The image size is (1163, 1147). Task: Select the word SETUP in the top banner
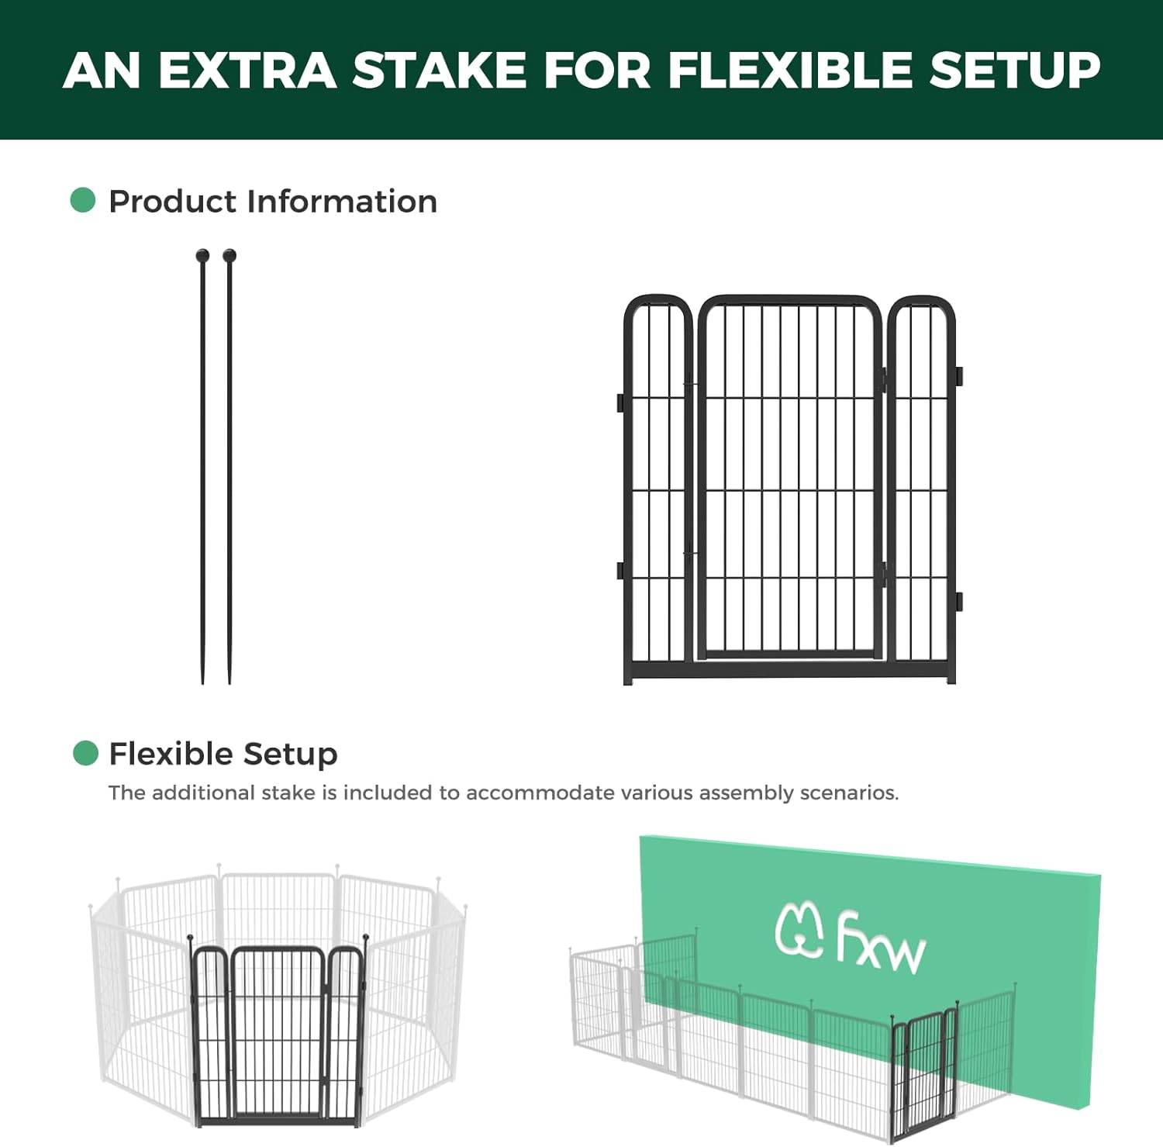1015,71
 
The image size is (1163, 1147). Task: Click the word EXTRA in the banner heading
247,71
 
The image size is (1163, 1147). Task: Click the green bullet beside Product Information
83,200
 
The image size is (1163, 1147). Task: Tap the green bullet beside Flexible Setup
85,753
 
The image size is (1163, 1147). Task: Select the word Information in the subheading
342,202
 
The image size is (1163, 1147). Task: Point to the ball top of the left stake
202,255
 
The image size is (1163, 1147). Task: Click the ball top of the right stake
229,255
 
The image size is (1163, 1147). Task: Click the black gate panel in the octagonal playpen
278,1031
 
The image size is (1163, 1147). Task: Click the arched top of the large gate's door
789,300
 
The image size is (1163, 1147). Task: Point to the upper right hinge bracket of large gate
958,376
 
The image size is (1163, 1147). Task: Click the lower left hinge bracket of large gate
620,571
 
